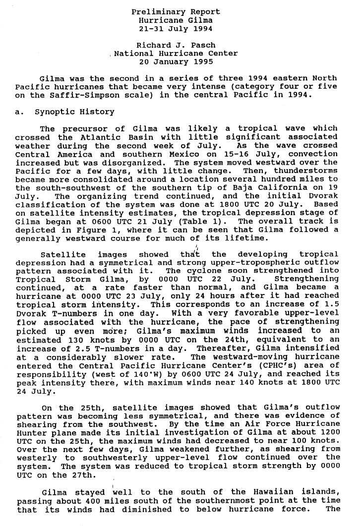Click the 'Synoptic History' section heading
coord(74,112)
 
